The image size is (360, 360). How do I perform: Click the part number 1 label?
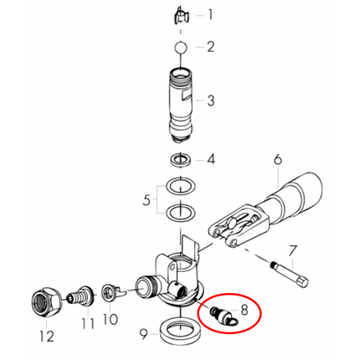coord(210,14)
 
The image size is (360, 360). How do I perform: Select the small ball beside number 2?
coord(181,47)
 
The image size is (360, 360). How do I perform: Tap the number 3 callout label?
coord(211,100)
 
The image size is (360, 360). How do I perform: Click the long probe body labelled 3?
coord(181,105)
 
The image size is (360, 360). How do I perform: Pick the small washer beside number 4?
coord(181,160)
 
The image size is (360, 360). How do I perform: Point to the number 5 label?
coord(147,200)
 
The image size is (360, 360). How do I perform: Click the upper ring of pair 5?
coord(181,186)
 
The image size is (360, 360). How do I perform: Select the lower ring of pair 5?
coord(181,213)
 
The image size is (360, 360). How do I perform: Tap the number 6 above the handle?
coord(278,160)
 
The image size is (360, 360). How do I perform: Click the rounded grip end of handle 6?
coord(305,190)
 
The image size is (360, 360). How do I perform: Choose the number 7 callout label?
coord(293,251)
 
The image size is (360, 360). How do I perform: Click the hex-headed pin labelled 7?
coord(289,275)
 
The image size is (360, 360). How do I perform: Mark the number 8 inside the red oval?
coord(244,310)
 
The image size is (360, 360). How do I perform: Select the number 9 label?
coord(143,334)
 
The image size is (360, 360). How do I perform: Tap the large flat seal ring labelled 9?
coord(181,332)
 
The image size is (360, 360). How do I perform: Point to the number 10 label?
coord(110,319)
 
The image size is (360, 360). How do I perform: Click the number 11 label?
coord(88,324)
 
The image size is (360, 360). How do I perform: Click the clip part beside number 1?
coord(181,18)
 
